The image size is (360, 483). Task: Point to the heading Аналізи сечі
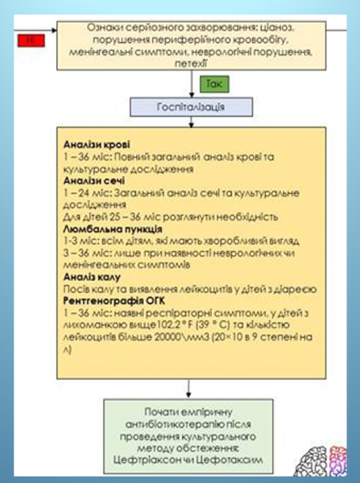95,181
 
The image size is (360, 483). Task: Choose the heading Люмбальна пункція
112,229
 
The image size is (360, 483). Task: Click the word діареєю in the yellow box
300,290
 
